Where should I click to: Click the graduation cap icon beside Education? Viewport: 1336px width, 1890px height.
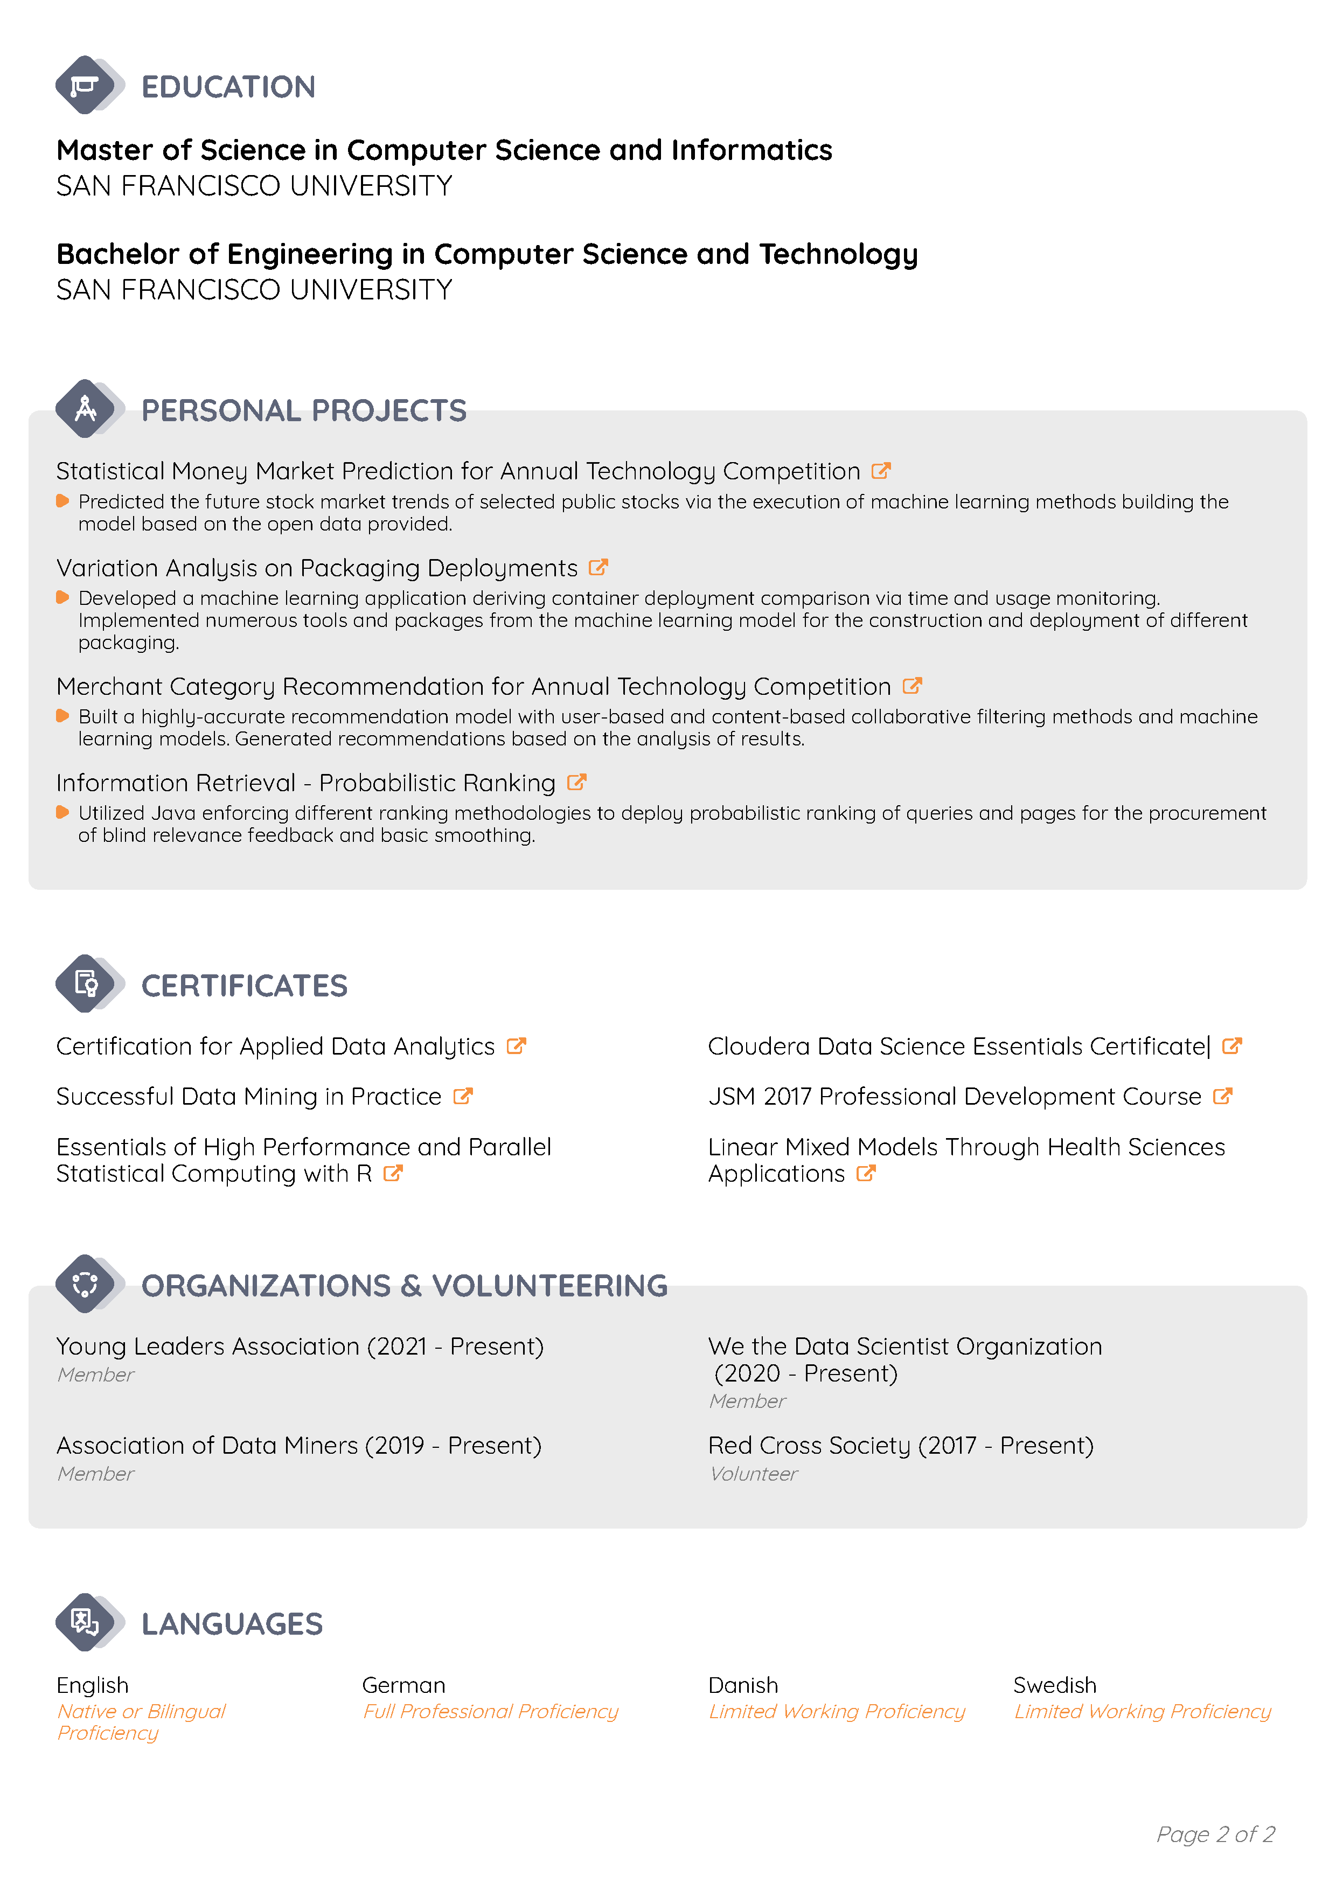pyautogui.click(x=84, y=85)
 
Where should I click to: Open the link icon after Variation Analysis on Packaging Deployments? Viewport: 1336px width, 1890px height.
pyautogui.click(x=599, y=567)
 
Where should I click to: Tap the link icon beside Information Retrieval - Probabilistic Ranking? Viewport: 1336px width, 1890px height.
pyautogui.click(x=577, y=782)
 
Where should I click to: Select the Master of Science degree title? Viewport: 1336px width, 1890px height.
pyautogui.click(x=444, y=150)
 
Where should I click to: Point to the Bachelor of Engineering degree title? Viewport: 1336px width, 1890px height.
pyautogui.click(x=486, y=254)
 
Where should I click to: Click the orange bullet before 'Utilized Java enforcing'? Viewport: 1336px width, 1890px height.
pyautogui.click(x=62, y=812)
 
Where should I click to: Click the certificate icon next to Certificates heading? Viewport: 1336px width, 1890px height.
pyautogui.click(x=86, y=983)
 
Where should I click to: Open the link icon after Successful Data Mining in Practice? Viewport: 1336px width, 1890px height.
pyautogui.click(x=463, y=1096)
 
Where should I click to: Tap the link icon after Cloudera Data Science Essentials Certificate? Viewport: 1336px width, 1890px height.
pyautogui.click(x=1231, y=1045)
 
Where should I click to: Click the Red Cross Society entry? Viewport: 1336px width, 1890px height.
pyautogui.click(x=901, y=1446)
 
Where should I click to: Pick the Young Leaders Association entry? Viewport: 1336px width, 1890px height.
pyautogui.click(x=300, y=1347)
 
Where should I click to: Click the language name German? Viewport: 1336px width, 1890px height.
pyautogui.click(x=403, y=1685)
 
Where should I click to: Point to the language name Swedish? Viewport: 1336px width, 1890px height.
pyautogui.click(x=1054, y=1685)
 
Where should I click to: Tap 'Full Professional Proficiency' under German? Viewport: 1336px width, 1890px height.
pyautogui.click(x=491, y=1711)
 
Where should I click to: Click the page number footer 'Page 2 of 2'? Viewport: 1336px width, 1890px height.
pyautogui.click(x=1215, y=1834)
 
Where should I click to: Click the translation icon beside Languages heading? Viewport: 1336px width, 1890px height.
pyautogui.click(x=85, y=1622)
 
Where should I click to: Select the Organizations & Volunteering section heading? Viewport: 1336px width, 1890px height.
pyautogui.click(x=404, y=1285)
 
